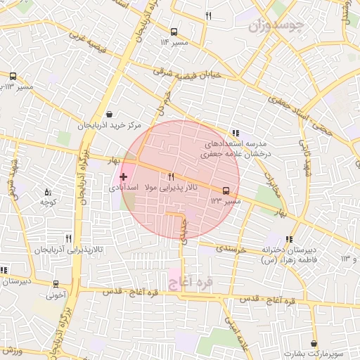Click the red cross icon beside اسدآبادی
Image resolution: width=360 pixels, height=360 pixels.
pyautogui.click(x=124, y=176)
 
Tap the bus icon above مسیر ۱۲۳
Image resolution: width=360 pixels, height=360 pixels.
pyautogui.click(x=226, y=190)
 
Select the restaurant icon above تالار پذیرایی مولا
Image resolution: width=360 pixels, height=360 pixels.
pyautogui.click(x=171, y=176)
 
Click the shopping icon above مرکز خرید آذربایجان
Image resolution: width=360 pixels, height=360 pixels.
pyautogui.click(x=109, y=114)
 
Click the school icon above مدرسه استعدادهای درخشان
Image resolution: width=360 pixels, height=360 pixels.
pyautogui.click(x=236, y=131)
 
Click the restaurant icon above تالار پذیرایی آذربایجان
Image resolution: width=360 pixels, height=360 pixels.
pyautogui.click(x=68, y=238)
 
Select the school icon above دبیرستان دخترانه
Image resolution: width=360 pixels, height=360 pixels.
pyautogui.click(x=289, y=239)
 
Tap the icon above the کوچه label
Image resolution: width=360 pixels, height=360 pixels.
pyautogui.click(x=48, y=192)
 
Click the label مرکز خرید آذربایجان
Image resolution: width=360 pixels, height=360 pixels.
pyautogui.click(x=109, y=126)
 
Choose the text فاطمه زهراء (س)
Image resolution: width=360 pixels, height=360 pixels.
pyautogui.click(x=288, y=260)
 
